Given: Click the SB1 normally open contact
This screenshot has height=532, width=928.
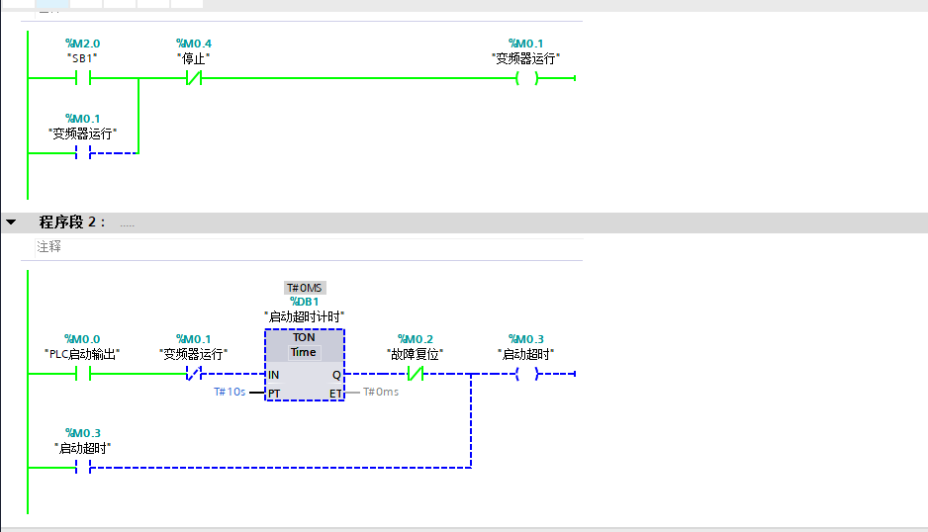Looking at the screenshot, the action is [83, 77].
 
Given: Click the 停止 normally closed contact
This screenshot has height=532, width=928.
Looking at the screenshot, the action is [194, 77].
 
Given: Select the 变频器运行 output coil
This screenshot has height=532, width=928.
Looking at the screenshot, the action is [526, 77].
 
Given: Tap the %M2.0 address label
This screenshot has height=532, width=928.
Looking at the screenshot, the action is [82, 44].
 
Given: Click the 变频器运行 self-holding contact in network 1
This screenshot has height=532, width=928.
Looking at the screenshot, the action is [83, 152].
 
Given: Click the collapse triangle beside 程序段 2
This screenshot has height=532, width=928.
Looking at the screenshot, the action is [11, 222].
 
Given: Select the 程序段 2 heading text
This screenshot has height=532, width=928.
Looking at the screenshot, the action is [72, 222].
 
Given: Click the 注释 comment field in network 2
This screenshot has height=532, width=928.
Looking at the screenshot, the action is [48, 246].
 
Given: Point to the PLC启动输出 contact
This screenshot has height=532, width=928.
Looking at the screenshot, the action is [83, 374].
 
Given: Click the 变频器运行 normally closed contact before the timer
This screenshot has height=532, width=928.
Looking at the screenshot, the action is [194, 374].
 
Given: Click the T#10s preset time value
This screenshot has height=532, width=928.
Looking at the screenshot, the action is [230, 392].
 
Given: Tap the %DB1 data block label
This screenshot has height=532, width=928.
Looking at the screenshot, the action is [304, 302].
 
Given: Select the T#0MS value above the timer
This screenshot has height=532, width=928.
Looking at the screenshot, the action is [304, 288].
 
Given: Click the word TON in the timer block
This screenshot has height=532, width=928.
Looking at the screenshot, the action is [304, 337].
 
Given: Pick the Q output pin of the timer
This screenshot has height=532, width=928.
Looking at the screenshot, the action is [336, 375].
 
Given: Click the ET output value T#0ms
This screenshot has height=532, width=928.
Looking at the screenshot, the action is [381, 392].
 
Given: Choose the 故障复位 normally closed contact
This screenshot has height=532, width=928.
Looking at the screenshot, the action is [416, 374].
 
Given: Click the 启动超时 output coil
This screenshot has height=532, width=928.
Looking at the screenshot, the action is [526, 374].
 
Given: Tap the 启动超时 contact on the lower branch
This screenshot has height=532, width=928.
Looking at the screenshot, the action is [83, 468].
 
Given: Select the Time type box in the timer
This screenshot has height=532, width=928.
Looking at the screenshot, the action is [303, 352].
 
